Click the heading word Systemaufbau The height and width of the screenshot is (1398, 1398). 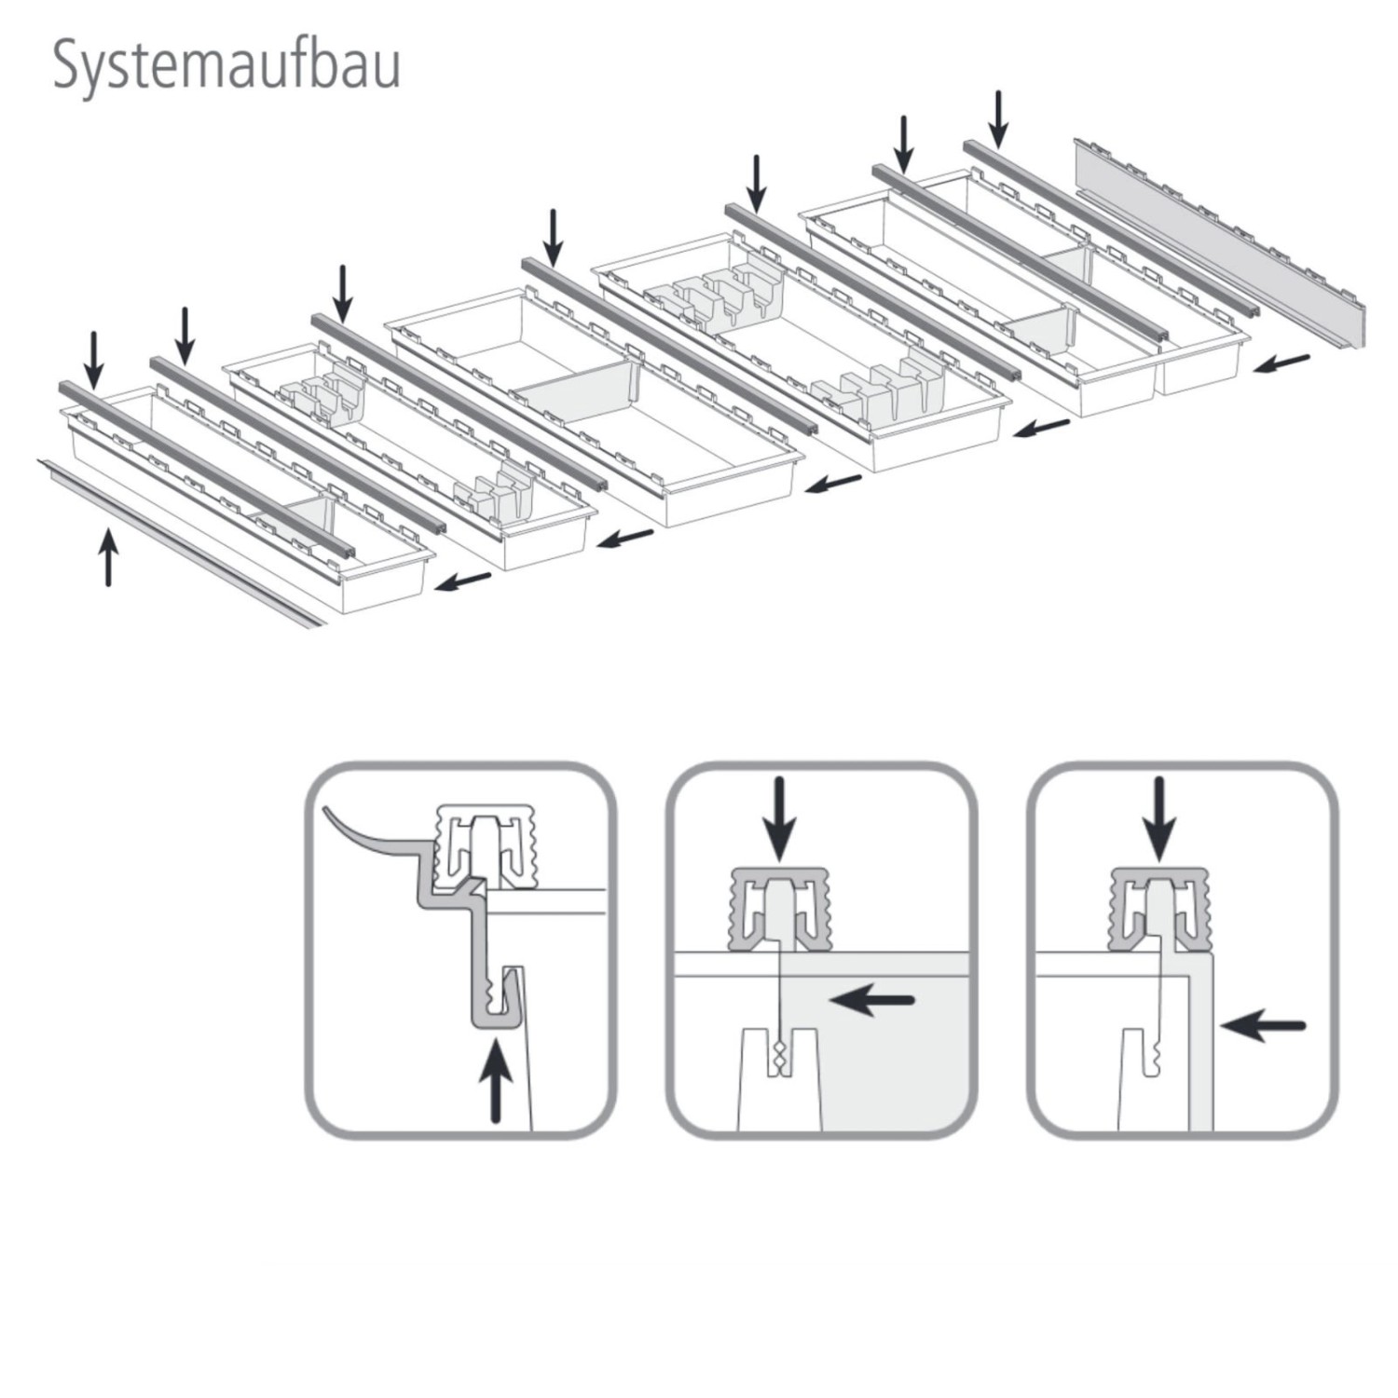[x=226, y=65]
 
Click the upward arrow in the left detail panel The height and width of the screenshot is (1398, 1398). [x=496, y=1081]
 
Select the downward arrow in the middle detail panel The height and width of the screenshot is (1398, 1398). [x=779, y=817]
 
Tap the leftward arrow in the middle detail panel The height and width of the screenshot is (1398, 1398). [x=871, y=1001]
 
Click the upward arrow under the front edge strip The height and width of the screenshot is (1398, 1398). [x=109, y=556]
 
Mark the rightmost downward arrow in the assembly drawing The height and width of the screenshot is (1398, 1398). [x=998, y=118]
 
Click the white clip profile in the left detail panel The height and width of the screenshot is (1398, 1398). [x=486, y=843]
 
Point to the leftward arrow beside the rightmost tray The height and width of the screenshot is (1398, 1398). [x=1281, y=363]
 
